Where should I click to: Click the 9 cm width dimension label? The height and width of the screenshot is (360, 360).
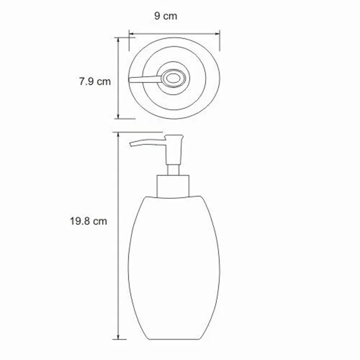coord(166,17)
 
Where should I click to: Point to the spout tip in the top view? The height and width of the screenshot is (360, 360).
coord(130,80)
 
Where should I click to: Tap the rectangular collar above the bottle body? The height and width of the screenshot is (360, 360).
coord(173,185)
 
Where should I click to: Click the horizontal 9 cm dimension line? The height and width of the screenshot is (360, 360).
coord(174,32)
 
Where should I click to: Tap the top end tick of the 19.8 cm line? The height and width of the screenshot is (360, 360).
coord(119,134)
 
